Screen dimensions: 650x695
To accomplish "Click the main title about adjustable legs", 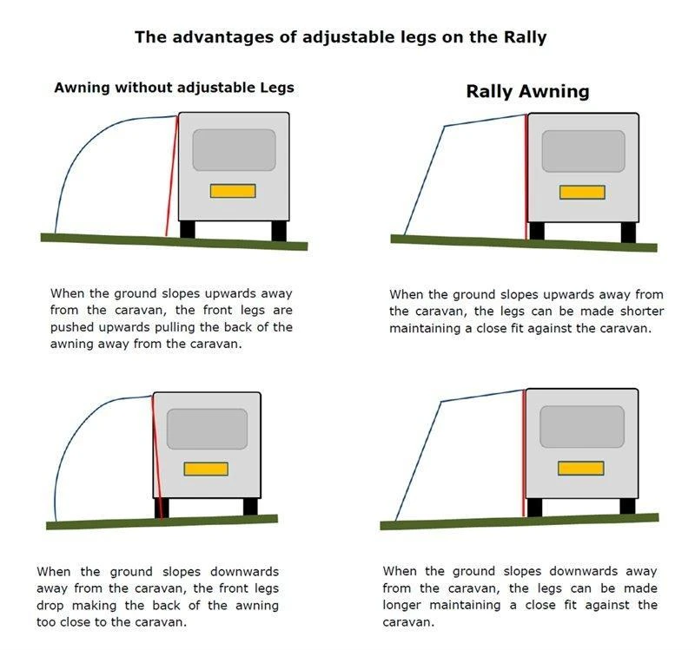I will [x=340, y=37].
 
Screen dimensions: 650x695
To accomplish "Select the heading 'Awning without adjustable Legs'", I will [x=174, y=88].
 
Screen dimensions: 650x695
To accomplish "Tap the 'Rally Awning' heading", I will [x=527, y=91].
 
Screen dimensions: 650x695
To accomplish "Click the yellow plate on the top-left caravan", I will [x=233, y=191].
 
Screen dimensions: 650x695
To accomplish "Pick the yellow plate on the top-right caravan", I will [x=582, y=193].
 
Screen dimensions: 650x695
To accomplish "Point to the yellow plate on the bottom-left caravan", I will [x=206, y=469].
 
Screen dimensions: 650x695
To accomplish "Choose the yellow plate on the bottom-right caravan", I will [x=579, y=468].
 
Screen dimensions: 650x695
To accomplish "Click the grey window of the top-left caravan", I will [x=234, y=150].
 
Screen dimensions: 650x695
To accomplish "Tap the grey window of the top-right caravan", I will [x=583, y=151].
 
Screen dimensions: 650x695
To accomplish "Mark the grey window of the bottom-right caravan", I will [x=581, y=427].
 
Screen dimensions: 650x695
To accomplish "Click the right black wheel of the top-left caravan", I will [x=279, y=231].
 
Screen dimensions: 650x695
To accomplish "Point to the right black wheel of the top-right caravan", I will [x=628, y=233].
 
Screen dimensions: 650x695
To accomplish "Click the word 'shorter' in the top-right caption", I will [x=643, y=312].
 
